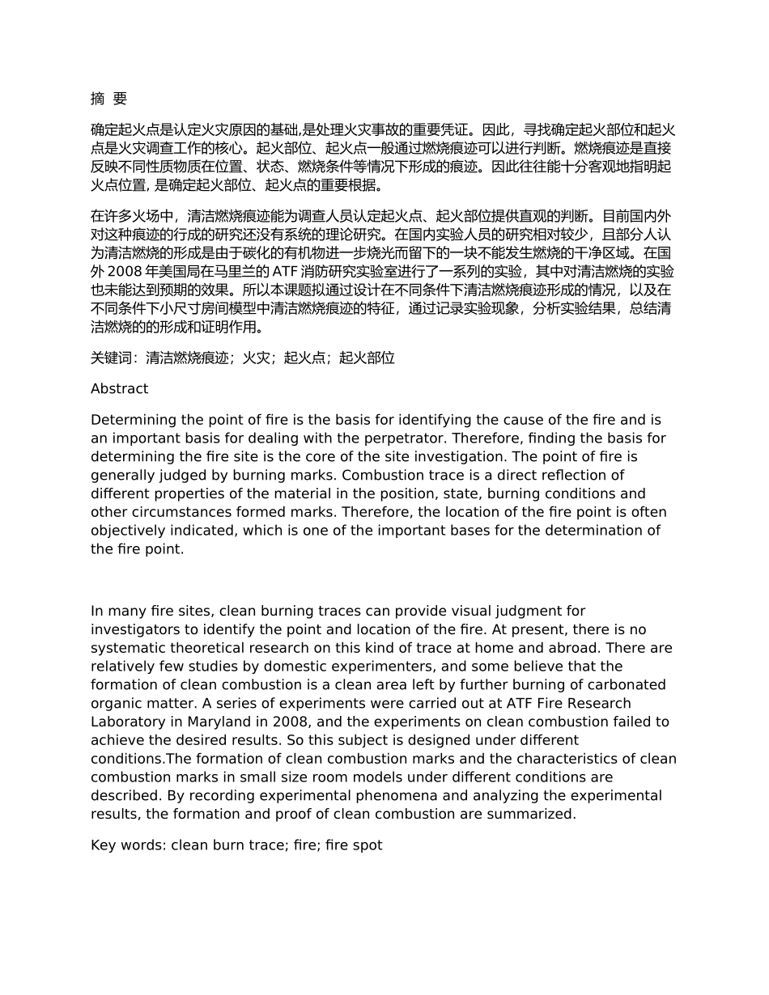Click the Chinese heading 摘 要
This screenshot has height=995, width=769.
pos(108,99)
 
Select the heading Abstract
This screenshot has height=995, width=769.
pos(119,388)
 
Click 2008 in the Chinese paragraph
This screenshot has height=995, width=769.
pos(124,272)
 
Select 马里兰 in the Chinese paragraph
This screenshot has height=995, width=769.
pos(243,272)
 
